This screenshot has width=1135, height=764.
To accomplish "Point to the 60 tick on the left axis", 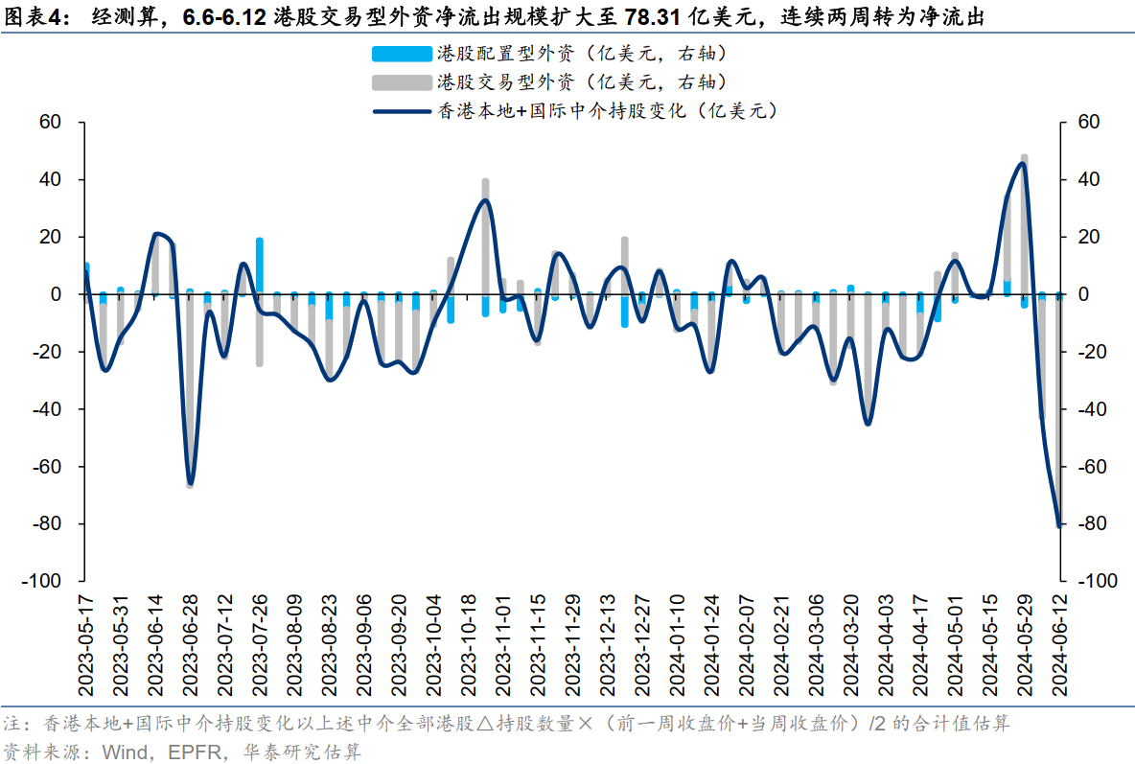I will click(50, 123).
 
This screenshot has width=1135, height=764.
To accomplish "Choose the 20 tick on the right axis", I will click(1090, 237).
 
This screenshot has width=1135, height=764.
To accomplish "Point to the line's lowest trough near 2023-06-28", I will click(190, 483).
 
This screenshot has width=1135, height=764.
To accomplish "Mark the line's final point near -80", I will click(1059, 525).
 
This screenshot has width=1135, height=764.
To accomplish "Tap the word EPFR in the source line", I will click(173, 751).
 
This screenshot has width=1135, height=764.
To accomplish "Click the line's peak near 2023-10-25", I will click(485, 199).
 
